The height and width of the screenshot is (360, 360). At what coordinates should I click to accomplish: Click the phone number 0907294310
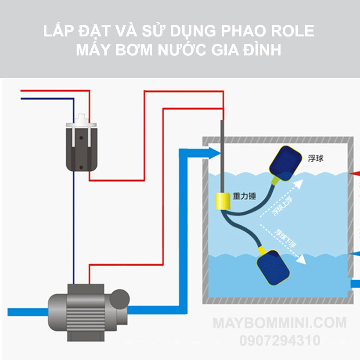280,340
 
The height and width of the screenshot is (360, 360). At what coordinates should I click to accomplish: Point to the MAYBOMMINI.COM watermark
280,324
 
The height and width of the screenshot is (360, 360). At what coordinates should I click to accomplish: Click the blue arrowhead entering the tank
214,152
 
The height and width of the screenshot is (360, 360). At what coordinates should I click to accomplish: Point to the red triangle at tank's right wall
354,174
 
